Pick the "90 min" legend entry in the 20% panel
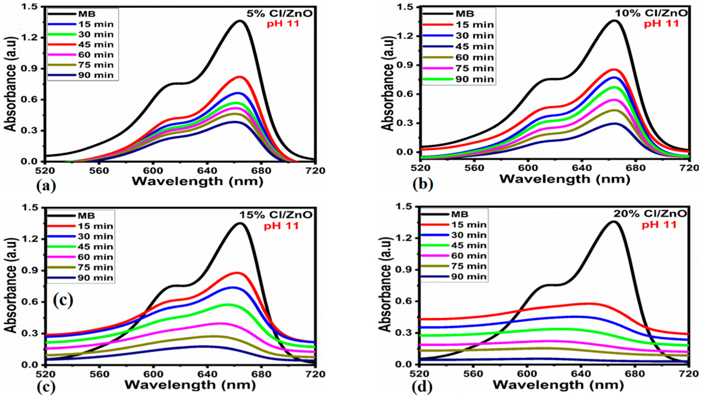(x=470, y=276)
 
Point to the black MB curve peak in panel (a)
(x=240, y=21)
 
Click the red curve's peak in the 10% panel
(x=615, y=69)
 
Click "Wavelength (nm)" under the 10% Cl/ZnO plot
(x=554, y=179)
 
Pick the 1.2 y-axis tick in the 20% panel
(x=404, y=238)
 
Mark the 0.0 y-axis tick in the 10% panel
(x=404, y=152)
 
